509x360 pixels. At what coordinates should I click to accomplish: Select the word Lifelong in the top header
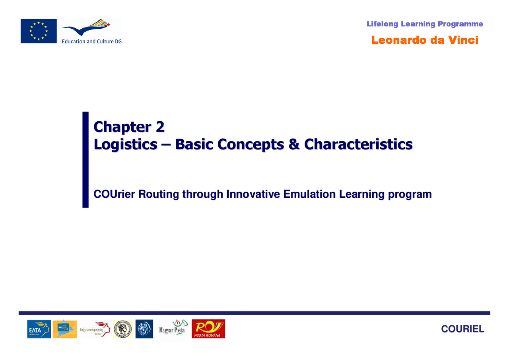[x=382, y=24]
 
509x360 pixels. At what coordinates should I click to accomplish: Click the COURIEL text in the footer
[x=463, y=329]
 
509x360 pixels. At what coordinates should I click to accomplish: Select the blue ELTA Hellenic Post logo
[x=39, y=329]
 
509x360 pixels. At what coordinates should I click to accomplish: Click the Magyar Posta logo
[x=173, y=329]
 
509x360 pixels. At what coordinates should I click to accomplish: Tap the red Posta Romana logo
[x=208, y=329]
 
